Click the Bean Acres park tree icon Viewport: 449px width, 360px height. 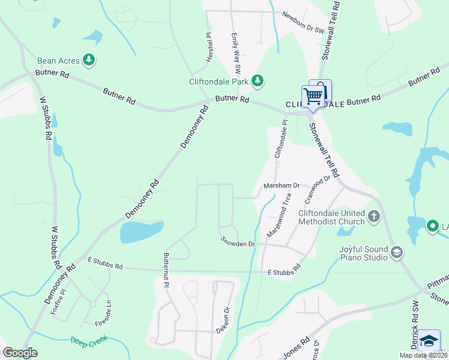[x=89, y=60]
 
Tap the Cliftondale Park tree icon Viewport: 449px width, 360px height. [x=258, y=80]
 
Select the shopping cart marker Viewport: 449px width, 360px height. [x=312, y=96]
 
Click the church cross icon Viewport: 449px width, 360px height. [x=374, y=216]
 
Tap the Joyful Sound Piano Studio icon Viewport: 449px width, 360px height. [x=396, y=253]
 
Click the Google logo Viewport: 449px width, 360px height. [x=20, y=353]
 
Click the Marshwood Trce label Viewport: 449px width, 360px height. [x=279, y=214]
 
